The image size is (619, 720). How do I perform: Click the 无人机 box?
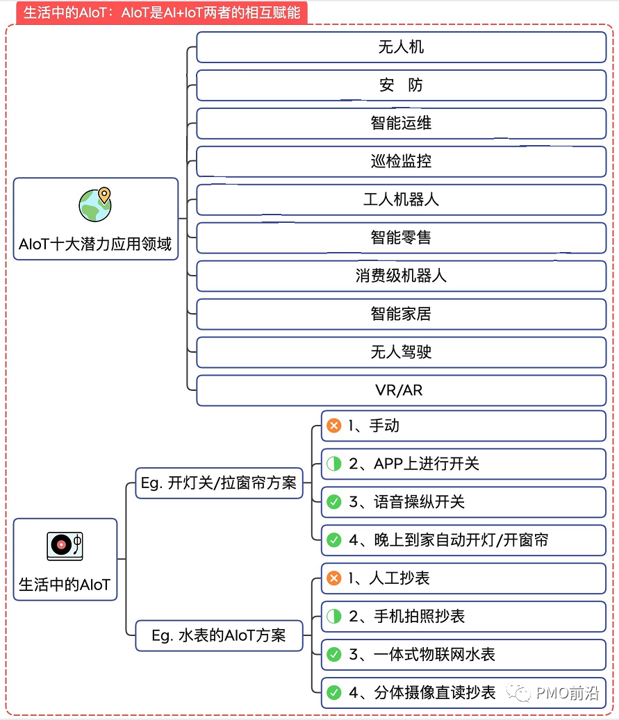[x=401, y=47]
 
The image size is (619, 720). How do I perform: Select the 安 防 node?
[x=401, y=85]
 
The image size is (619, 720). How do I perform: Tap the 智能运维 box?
[x=401, y=124]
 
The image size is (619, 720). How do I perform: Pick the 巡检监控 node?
[x=401, y=162]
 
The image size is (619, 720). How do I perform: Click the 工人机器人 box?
[x=401, y=200]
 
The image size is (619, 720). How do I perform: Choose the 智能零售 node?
[x=401, y=238]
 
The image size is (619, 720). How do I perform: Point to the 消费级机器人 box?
[x=401, y=276]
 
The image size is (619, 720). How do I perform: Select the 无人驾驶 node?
[x=401, y=352]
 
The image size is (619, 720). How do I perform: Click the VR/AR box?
[x=401, y=390]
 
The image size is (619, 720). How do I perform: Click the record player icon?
[x=65, y=546]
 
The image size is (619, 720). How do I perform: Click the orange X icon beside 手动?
[x=334, y=426]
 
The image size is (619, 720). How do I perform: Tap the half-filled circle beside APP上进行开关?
[x=334, y=464]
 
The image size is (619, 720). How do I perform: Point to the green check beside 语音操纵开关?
[x=334, y=502]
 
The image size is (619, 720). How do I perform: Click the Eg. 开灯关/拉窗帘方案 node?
[x=219, y=483]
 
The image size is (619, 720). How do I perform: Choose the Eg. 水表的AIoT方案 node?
[x=219, y=635]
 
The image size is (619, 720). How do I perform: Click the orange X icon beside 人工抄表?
[x=334, y=578]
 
